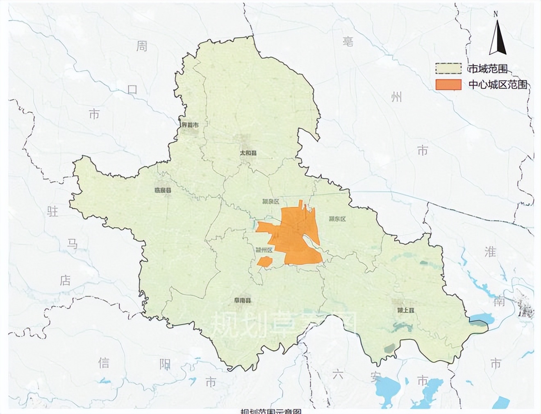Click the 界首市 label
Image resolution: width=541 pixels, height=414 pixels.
[190, 125]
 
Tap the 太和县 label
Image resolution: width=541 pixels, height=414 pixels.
[248, 153]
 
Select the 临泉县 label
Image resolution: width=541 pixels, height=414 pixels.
[162, 190]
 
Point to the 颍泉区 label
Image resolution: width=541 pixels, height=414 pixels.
[270, 202]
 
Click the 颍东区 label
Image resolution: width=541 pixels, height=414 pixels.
[337, 219]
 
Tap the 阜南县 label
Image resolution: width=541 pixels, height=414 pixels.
[243, 300]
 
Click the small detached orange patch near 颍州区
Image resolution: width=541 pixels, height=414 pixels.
[265, 262]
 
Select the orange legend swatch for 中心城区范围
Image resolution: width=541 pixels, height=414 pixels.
[448, 84]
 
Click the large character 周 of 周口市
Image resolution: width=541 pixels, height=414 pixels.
[142, 46]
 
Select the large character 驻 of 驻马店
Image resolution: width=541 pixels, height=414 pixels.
[53, 212]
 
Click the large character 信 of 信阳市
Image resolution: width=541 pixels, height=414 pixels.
[104, 363]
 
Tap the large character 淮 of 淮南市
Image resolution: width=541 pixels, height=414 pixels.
[490, 251]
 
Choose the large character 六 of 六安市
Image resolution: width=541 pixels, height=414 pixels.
[338, 374]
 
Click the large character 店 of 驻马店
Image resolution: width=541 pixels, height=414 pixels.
[65, 281]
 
